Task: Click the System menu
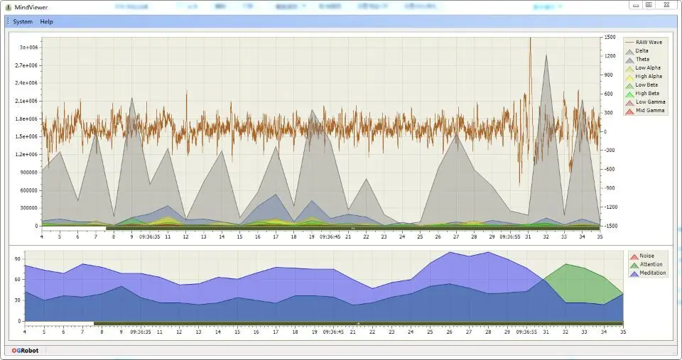pyautogui.click(x=23, y=21)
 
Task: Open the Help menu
pyautogui.click(x=46, y=21)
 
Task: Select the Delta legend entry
pyautogui.click(x=642, y=50)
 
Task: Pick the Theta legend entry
pyautogui.click(x=642, y=59)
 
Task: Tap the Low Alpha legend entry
pyautogui.click(x=648, y=67)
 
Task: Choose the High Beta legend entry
pyautogui.click(x=647, y=93)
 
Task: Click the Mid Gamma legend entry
pyautogui.click(x=650, y=110)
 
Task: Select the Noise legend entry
pyautogui.click(x=646, y=256)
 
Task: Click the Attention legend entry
pyautogui.click(x=651, y=264)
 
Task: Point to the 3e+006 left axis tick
pyautogui.click(x=28, y=48)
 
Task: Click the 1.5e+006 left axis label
pyautogui.click(x=26, y=136)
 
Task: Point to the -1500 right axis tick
pyautogui.click(x=610, y=226)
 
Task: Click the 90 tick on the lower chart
pyautogui.click(x=18, y=258)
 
